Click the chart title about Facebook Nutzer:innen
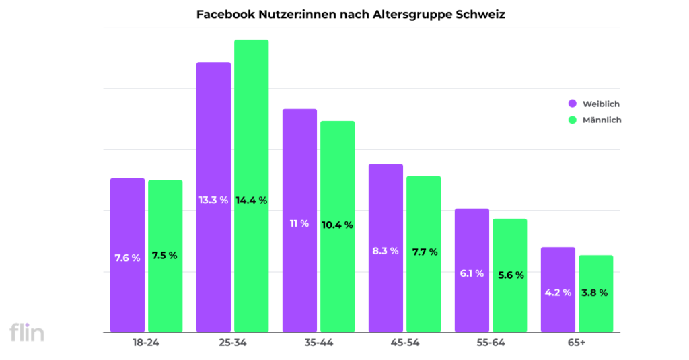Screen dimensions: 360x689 (x=350, y=14)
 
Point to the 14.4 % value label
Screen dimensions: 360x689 (x=252, y=200)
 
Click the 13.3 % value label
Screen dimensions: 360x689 (x=213, y=200)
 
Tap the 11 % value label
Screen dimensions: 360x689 (x=299, y=223)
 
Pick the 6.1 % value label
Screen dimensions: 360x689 (x=472, y=273)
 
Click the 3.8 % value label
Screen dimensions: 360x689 (x=595, y=293)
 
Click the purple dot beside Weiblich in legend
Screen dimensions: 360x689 (x=573, y=104)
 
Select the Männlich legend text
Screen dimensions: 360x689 (x=602, y=120)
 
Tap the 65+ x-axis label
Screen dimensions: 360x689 (x=577, y=343)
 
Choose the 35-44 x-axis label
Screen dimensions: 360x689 (x=318, y=343)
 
